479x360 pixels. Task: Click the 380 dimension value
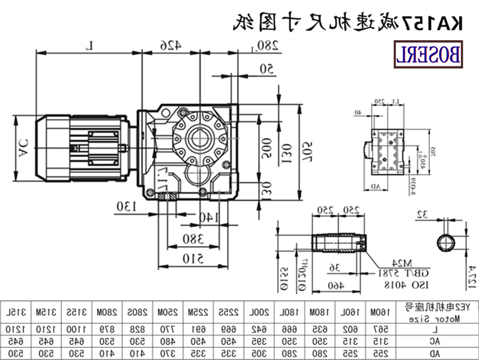pos(193,239)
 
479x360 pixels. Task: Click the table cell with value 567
pos(380,329)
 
